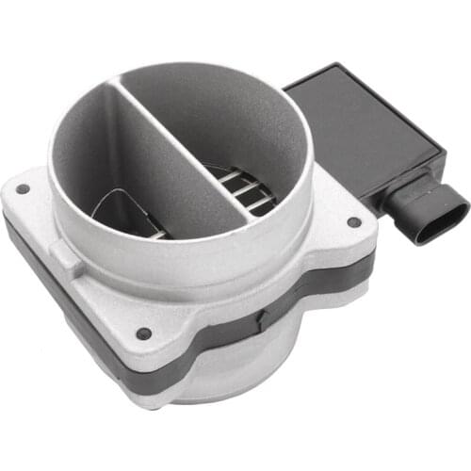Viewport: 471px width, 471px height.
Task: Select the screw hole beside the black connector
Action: pyautogui.click(x=353, y=222)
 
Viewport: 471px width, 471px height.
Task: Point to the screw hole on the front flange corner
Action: pyautogui.click(x=143, y=333)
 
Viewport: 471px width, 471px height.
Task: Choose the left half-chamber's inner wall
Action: pyautogui.click(x=94, y=160)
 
